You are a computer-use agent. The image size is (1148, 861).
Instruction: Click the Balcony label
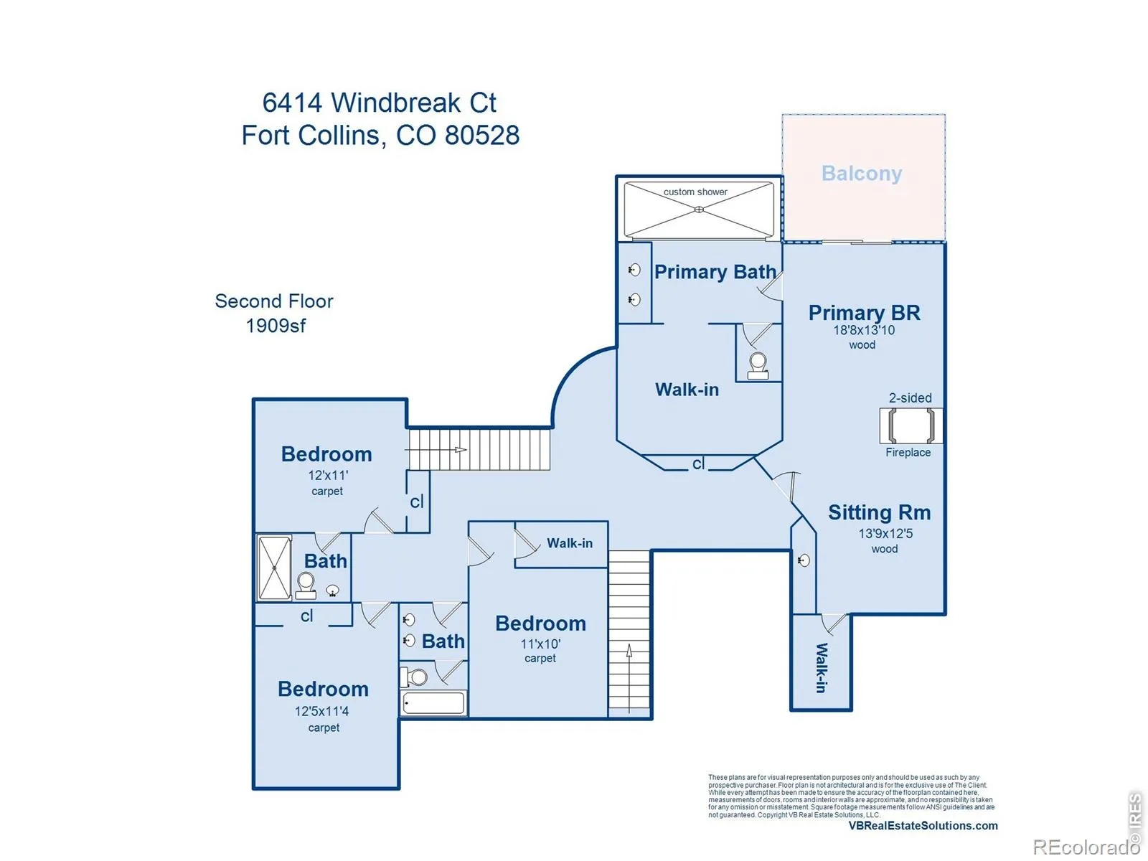(x=862, y=174)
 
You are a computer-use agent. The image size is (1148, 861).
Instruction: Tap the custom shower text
(x=695, y=192)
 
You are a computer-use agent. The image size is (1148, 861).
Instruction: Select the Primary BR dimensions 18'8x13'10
(x=864, y=330)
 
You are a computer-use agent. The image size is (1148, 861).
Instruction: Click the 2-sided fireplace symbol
(x=911, y=425)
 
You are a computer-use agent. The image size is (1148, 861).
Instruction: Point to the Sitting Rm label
(x=879, y=512)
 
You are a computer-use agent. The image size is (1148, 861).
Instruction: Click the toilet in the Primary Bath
(x=758, y=364)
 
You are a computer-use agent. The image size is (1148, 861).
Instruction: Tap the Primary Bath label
(x=715, y=272)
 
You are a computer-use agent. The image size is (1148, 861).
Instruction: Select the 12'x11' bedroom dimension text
(x=328, y=475)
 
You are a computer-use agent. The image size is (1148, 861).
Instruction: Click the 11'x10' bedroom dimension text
(x=540, y=644)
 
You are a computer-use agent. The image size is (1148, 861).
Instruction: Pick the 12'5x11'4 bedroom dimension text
(x=322, y=711)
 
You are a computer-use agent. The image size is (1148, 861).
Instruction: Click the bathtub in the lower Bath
(x=433, y=703)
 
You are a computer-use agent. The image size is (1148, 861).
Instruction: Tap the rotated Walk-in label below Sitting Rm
(x=822, y=667)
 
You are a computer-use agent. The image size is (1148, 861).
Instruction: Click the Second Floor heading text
(x=274, y=301)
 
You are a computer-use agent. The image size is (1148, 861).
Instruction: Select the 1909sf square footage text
(x=276, y=326)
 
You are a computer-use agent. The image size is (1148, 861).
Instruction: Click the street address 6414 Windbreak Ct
(x=379, y=103)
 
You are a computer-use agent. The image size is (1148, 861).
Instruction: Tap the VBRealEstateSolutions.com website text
(x=923, y=826)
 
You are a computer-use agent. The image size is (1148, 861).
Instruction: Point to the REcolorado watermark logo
(x=1086, y=847)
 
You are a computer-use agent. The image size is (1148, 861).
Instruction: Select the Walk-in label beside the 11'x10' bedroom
(x=570, y=543)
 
